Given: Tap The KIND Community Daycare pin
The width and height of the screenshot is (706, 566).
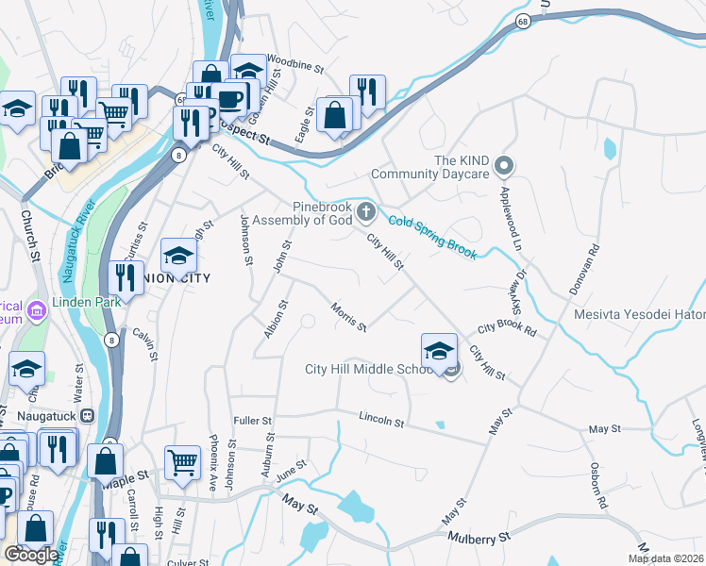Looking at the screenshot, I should coord(503,167).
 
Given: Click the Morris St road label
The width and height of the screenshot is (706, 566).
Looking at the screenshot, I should coord(348,316).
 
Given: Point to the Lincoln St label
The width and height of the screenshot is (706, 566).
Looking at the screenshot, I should coord(381,419).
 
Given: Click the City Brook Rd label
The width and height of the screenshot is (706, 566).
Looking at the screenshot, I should coord(507,330).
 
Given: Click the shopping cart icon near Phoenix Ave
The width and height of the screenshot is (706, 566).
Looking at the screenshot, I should coord(182,462).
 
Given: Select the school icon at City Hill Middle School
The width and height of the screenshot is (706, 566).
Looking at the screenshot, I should coord(439,352).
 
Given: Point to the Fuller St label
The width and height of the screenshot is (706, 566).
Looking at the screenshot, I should coord(252,420).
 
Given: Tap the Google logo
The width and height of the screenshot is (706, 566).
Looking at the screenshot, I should coord(31,555).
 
